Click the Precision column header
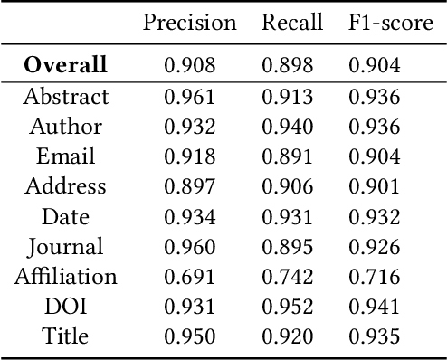pyautogui.click(x=190, y=23)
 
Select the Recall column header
pyautogui.click(x=292, y=23)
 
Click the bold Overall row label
pyautogui.click(x=65, y=65)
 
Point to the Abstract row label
pyautogui.click(x=66, y=96)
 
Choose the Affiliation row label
pyautogui.click(x=66, y=276)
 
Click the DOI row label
pyautogui.click(x=66, y=306)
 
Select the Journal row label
pyautogui.click(x=66, y=246)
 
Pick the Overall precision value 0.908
pyautogui.click(x=190, y=65)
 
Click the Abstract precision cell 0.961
pyautogui.click(x=190, y=96)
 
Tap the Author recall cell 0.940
pyautogui.click(x=288, y=126)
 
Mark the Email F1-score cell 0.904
pyautogui.click(x=374, y=156)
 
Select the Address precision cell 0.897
pyautogui.click(x=190, y=186)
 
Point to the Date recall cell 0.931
pyautogui.click(x=288, y=216)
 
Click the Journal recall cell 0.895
pyautogui.click(x=288, y=246)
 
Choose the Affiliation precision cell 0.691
pyautogui.click(x=190, y=276)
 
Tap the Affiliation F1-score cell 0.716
pyautogui.click(x=374, y=276)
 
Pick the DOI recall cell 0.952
pyautogui.click(x=288, y=306)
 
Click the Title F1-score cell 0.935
pyautogui.click(x=374, y=336)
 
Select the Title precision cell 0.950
pyautogui.click(x=190, y=336)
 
